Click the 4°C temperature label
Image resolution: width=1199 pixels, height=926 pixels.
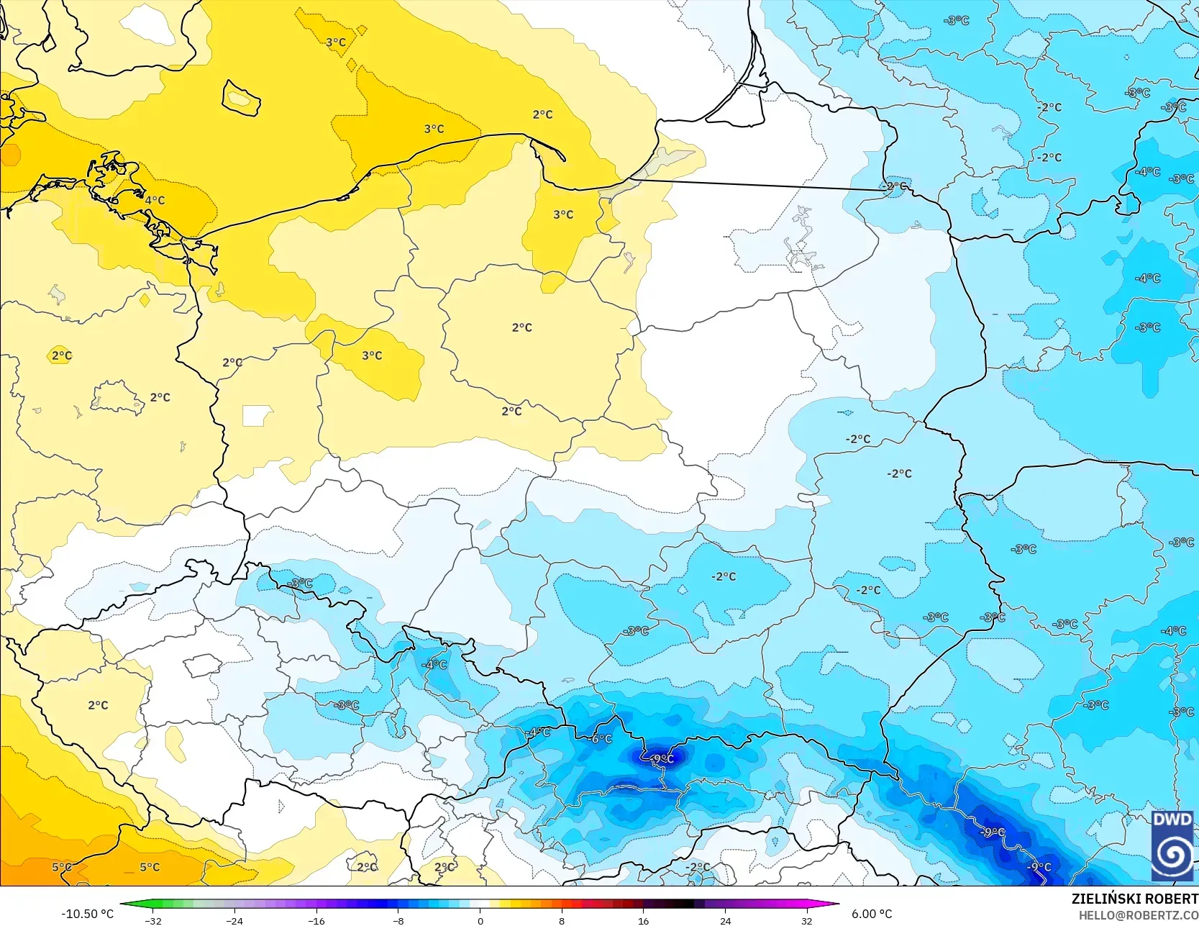[x=155, y=200]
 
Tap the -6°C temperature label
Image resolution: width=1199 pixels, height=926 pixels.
[x=601, y=739]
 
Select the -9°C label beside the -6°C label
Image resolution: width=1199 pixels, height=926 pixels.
[x=662, y=758]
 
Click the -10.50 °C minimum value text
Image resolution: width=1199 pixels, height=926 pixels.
[x=87, y=914]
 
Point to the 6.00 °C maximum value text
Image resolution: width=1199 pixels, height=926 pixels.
[x=872, y=914]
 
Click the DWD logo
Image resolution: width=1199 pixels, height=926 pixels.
[x=1172, y=845]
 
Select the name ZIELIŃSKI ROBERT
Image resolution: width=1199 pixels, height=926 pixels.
[x=1134, y=899]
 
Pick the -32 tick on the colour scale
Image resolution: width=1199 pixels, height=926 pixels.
[x=152, y=920]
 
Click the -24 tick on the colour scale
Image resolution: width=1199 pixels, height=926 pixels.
[x=234, y=920]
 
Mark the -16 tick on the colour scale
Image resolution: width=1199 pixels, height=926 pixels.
[x=316, y=920]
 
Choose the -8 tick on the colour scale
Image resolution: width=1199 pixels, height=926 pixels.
[x=398, y=920]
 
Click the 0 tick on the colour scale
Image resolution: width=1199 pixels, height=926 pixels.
[x=480, y=920]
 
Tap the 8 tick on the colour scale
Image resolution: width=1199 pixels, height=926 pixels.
[x=562, y=920]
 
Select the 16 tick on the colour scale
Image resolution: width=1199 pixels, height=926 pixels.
[x=644, y=920]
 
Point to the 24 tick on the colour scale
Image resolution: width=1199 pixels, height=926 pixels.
[x=725, y=920]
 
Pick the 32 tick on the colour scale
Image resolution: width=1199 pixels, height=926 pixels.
[x=807, y=920]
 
